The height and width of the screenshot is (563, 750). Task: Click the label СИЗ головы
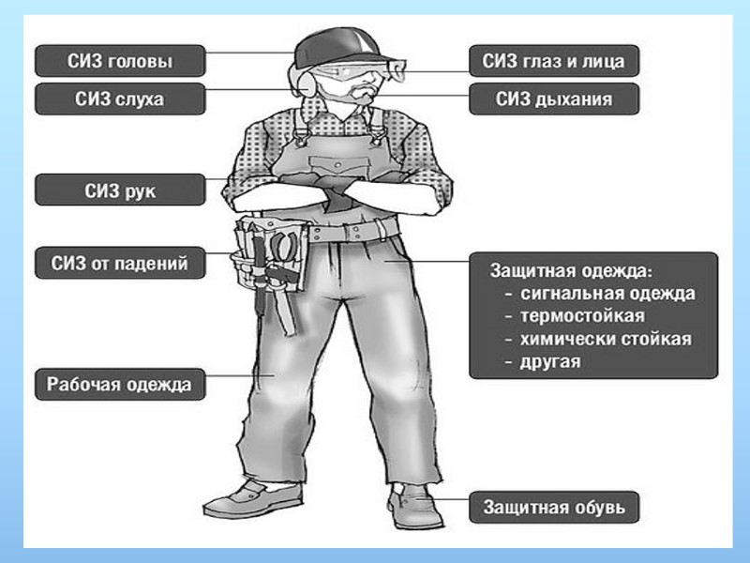(x=119, y=62)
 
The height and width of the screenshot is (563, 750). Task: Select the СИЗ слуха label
(x=119, y=98)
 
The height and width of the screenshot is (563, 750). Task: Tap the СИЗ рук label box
(x=119, y=190)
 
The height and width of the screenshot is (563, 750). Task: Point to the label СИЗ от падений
(x=119, y=264)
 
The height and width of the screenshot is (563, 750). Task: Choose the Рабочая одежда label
(x=119, y=384)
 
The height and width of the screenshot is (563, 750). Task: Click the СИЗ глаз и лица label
(x=554, y=62)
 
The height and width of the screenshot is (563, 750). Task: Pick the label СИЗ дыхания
(x=554, y=98)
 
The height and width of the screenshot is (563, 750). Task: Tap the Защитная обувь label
(x=554, y=508)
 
